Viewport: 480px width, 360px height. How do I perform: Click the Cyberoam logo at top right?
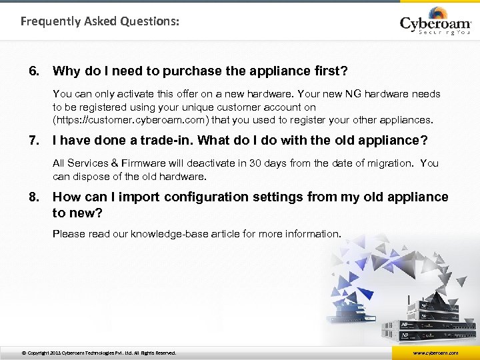point(435,22)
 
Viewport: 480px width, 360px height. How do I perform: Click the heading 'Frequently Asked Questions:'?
point(99,21)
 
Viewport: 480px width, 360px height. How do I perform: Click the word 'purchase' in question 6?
point(188,71)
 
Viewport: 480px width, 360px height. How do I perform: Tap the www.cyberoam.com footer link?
point(435,353)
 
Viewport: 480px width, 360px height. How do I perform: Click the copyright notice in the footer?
point(99,353)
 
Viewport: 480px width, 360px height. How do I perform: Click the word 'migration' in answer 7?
point(391,163)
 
